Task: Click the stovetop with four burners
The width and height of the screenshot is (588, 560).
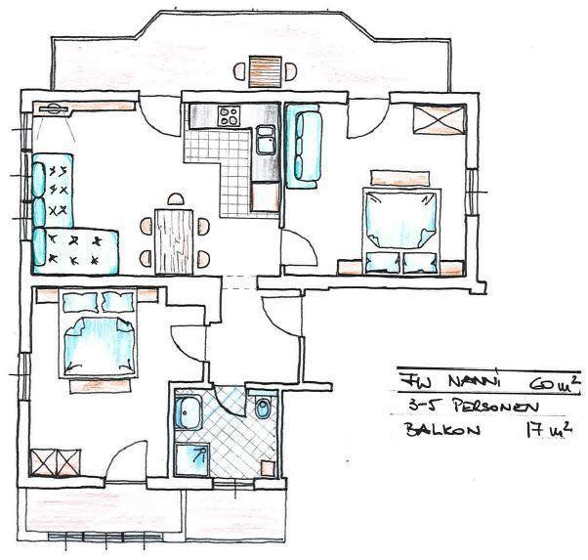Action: click(230, 116)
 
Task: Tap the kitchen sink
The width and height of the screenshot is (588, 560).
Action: click(266, 141)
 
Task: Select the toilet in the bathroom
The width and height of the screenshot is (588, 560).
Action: click(262, 407)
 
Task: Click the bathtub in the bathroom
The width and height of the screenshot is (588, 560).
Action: click(189, 412)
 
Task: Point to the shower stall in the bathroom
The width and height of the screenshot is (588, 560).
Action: click(192, 459)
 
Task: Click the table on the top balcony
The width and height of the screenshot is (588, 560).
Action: click(265, 71)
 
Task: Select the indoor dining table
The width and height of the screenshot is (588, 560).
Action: click(174, 241)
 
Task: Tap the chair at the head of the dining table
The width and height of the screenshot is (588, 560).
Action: click(176, 199)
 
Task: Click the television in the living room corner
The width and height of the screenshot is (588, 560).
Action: click(54, 108)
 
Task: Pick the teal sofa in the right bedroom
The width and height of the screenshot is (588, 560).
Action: click(304, 146)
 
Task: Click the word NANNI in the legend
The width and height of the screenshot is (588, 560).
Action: click(475, 382)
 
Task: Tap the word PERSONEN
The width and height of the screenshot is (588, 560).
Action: click(496, 407)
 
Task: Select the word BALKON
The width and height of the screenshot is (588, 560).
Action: click(442, 429)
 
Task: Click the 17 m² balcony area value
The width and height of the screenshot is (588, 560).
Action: click(549, 428)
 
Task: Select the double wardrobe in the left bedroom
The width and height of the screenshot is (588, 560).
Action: click(55, 462)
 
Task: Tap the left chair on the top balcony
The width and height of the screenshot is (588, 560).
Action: click(239, 71)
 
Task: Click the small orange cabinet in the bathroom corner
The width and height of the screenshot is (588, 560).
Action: click(269, 468)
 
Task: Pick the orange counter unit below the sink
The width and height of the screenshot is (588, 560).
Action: click(266, 196)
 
